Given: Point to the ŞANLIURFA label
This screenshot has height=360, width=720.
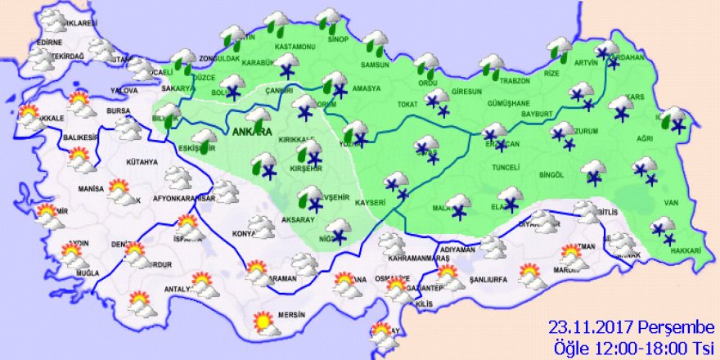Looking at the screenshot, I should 489,280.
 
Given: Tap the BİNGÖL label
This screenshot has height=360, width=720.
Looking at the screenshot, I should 552,174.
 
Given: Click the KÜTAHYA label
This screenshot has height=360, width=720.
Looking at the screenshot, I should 142,162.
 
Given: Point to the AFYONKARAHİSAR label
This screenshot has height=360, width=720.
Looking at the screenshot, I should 184,199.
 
